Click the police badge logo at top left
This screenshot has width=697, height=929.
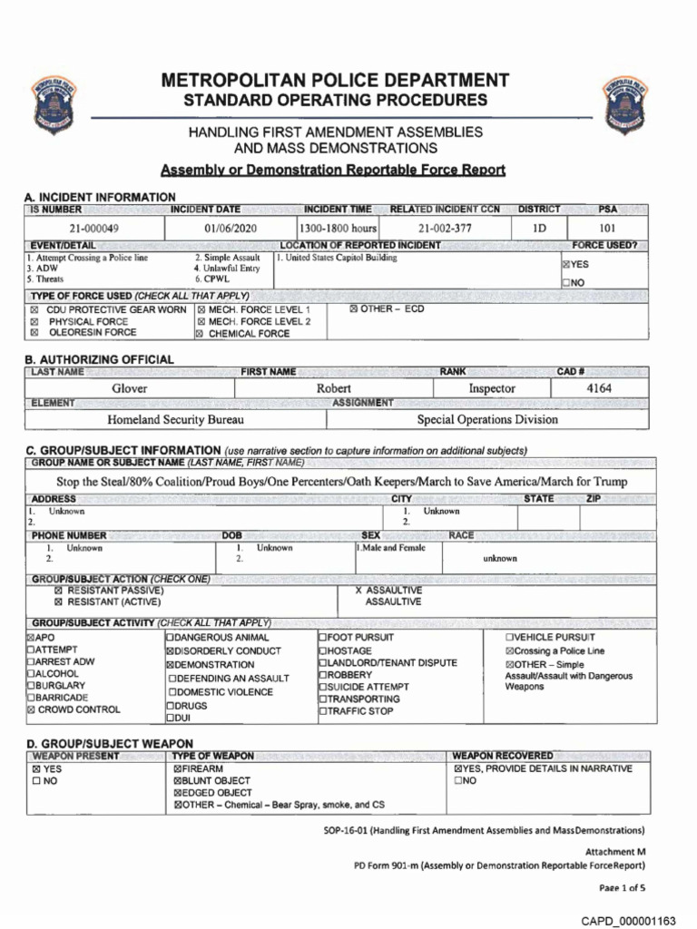[x=54, y=103]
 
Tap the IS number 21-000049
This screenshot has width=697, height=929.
[x=94, y=229]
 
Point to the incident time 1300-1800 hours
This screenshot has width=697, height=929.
[x=338, y=229]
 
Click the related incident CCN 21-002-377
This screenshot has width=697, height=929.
[x=445, y=229]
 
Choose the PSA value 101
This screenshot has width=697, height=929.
[x=607, y=229]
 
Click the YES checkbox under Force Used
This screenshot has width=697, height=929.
[x=566, y=264]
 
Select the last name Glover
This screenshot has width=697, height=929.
[x=129, y=388]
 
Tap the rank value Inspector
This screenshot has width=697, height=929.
[x=491, y=388]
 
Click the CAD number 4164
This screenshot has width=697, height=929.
[x=599, y=388]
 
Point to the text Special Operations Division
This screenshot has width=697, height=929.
[x=487, y=420]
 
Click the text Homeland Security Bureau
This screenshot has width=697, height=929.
[x=175, y=420]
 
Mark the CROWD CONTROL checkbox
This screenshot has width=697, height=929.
[x=32, y=710]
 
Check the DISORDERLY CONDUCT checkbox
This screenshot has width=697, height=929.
[x=170, y=651]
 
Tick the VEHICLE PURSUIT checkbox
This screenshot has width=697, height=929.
[x=509, y=638]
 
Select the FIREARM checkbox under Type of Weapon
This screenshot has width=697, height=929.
[x=177, y=768]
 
